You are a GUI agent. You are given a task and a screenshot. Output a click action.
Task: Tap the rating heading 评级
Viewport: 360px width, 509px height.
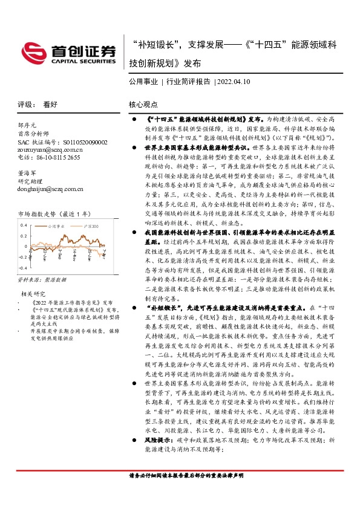(27, 104)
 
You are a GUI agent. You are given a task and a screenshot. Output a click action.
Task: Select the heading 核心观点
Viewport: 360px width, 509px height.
(143, 104)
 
